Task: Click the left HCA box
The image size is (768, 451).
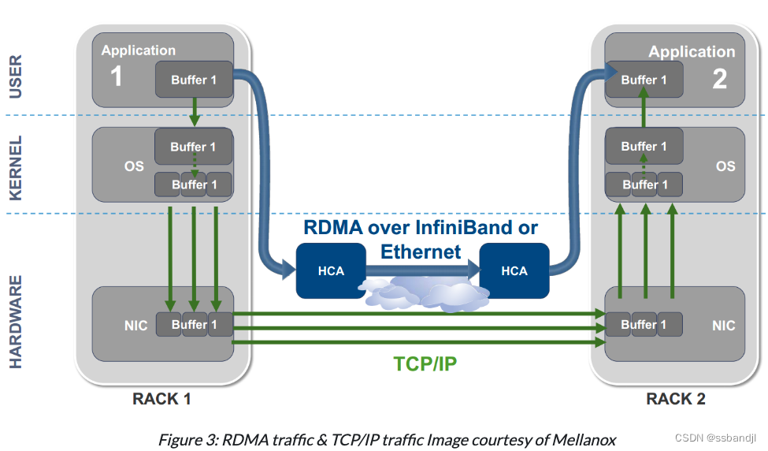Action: point(331,270)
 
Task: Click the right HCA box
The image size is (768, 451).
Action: point(514,270)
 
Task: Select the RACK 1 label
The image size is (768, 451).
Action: point(161,399)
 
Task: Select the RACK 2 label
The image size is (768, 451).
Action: point(676,399)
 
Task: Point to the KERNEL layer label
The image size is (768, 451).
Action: point(16,167)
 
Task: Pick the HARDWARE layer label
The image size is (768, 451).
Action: point(16,322)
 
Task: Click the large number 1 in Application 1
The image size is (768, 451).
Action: point(116,77)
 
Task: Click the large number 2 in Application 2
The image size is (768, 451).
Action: point(719,79)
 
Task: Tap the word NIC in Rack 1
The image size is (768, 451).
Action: point(136,326)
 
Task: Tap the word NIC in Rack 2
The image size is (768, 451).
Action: point(723,326)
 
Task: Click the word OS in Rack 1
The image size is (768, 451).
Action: point(134,166)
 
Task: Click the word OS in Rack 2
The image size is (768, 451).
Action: point(725,166)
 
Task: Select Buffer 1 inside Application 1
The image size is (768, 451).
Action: point(194,80)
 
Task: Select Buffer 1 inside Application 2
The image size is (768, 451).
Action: point(644,80)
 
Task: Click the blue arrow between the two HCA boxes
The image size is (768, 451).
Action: point(422,270)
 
